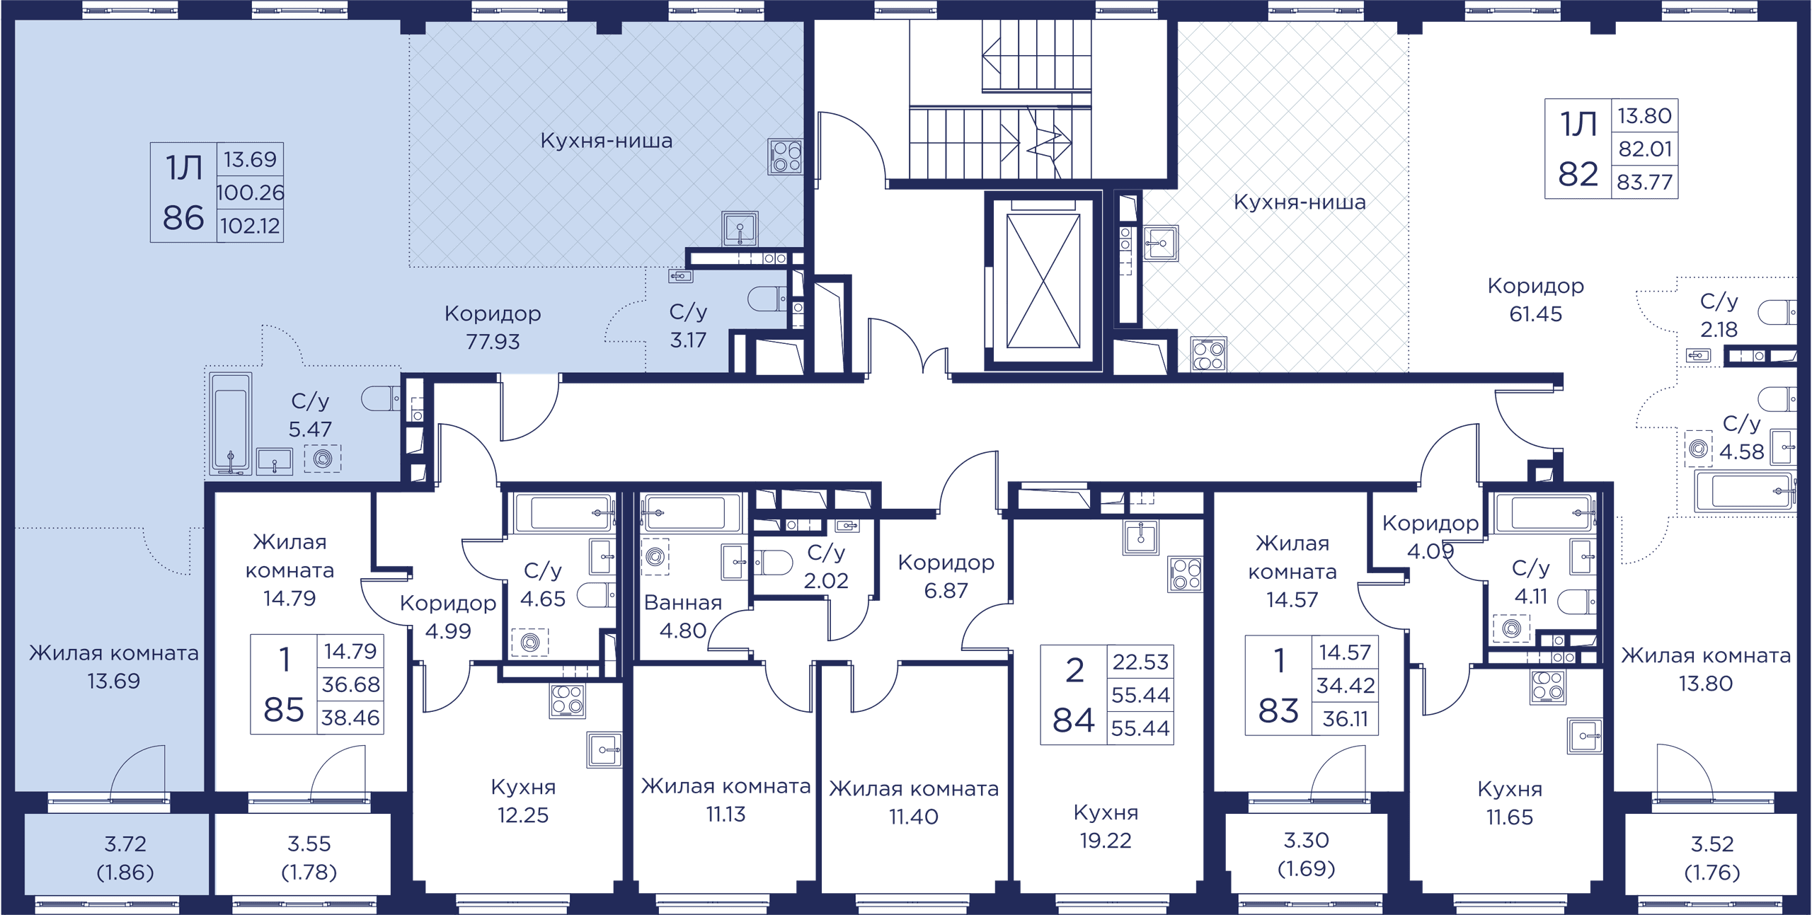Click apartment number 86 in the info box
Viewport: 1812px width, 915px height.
(183, 218)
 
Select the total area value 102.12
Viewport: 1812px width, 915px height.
(250, 226)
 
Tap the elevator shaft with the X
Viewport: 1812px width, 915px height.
(1043, 281)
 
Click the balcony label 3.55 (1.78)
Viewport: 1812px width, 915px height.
(309, 858)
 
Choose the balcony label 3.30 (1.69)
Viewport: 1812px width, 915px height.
(1307, 854)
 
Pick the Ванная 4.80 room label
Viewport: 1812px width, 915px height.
(683, 616)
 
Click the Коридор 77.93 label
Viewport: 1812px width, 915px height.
(493, 327)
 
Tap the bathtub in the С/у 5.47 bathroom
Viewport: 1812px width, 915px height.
(230, 423)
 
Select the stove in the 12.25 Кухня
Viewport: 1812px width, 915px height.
(568, 701)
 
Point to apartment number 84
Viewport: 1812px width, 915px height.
(1074, 720)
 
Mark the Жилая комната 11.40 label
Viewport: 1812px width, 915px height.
(914, 802)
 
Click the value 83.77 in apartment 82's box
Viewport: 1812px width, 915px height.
(1645, 183)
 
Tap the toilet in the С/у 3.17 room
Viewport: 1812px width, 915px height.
(767, 299)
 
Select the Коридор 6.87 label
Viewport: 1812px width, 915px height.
(946, 576)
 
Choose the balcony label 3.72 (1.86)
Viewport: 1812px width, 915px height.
(125, 858)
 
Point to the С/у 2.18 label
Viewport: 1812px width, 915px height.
(1719, 315)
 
